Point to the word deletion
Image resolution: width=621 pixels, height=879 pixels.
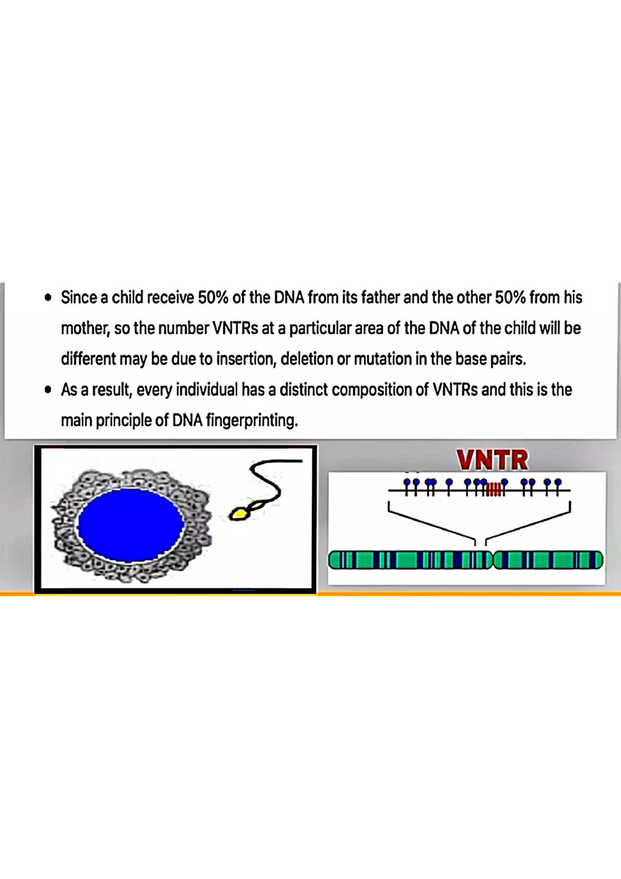pyautogui.click(x=307, y=359)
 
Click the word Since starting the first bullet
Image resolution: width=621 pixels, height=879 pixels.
pyautogui.click(x=78, y=297)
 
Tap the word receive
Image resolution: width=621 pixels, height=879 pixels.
pyautogui.click(x=170, y=297)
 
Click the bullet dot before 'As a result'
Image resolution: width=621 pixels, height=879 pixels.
pyautogui.click(x=47, y=390)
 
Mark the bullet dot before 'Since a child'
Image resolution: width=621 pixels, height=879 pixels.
pyautogui.click(x=47, y=298)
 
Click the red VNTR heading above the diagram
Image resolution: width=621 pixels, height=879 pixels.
pyautogui.click(x=492, y=460)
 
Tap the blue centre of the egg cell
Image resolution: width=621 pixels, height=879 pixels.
pyautogui.click(x=131, y=523)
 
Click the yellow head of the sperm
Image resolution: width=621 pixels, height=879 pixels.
pyautogui.click(x=241, y=513)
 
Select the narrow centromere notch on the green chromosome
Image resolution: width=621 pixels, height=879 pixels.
pyautogui.click(x=492, y=561)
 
